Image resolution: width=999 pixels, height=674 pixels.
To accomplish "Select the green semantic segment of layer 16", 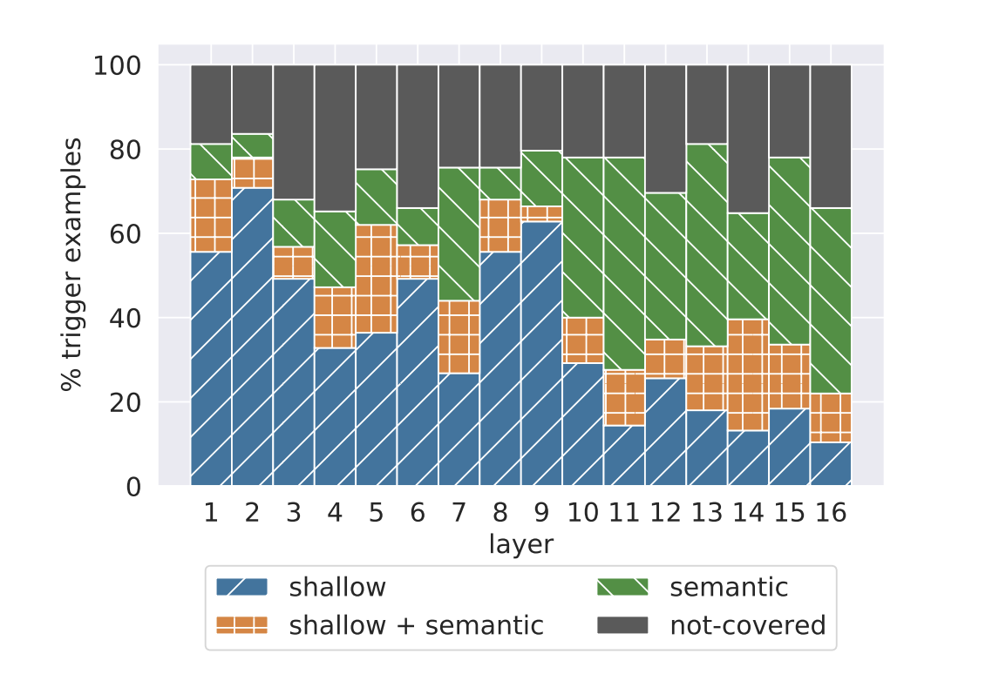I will (x=831, y=300).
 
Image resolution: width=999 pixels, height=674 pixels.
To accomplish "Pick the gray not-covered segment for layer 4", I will (x=335, y=138).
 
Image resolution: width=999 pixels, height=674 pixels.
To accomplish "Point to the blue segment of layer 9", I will (x=541, y=354).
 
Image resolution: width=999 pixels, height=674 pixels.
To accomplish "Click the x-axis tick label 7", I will (x=459, y=513).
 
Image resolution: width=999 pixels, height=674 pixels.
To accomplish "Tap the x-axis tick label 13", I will (x=706, y=513).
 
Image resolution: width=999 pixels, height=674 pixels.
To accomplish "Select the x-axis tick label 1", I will (x=211, y=513).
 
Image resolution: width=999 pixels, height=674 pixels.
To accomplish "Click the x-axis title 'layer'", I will (x=520, y=545).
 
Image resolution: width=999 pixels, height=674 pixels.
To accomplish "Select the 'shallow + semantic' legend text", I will (x=416, y=624).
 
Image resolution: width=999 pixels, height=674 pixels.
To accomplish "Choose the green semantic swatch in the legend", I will (x=622, y=587).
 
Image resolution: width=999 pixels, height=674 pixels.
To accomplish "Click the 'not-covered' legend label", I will (x=747, y=624).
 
